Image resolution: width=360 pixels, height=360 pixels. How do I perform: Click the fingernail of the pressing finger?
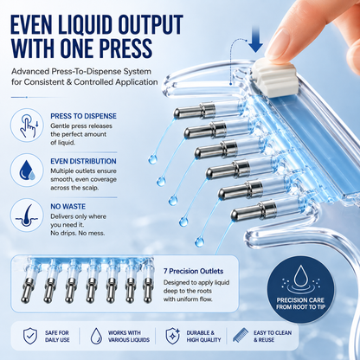[278, 43]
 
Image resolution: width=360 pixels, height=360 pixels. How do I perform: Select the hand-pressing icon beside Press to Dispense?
[27, 125]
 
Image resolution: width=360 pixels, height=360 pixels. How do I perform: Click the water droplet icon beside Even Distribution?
[27, 170]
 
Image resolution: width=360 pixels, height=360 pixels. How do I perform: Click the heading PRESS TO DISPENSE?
[83, 116]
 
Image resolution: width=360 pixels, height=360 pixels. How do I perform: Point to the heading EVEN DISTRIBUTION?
[83, 161]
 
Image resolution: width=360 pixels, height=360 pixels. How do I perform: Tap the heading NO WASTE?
[67, 207]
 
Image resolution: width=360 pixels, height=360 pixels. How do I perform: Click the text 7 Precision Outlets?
[193, 271]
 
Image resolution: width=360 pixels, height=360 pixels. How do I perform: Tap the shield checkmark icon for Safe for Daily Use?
[30, 336]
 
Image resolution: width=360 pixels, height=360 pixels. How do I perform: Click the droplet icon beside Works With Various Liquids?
[96, 336]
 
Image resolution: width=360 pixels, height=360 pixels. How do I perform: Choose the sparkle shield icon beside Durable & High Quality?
[173, 336]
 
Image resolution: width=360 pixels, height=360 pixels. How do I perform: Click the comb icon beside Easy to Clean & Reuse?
[241, 336]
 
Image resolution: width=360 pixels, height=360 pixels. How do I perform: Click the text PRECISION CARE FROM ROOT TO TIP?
[300, 304]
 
